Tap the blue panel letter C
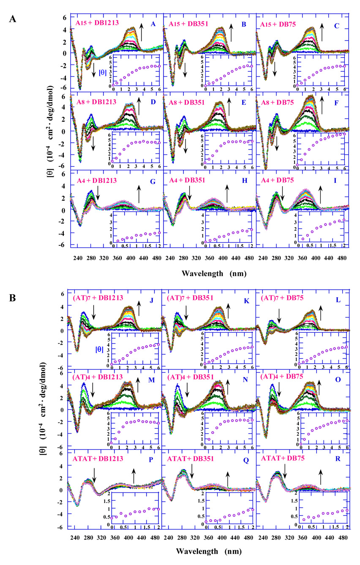click(336, 25)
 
